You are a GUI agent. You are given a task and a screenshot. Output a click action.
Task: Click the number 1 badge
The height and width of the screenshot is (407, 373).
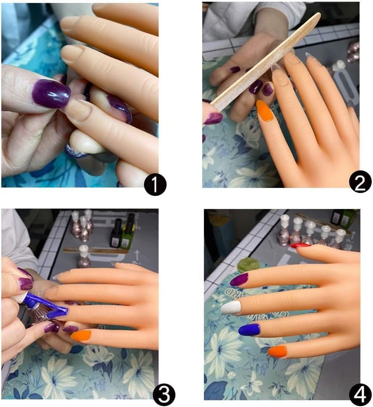154,185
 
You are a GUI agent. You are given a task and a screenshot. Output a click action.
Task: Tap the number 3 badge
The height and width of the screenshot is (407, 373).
164,395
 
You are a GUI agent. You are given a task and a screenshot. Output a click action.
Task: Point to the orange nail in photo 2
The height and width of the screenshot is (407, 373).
265,111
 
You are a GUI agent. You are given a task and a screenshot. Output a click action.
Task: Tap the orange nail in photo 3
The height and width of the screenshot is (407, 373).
81,335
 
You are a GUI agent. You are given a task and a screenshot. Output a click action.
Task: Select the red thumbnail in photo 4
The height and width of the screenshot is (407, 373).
300,245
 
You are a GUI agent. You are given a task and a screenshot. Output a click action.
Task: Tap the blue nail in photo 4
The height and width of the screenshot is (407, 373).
249,330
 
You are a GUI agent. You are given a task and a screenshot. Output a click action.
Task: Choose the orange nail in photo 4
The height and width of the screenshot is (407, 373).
277,351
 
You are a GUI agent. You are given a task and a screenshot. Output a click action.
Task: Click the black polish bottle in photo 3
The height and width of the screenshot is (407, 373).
116,235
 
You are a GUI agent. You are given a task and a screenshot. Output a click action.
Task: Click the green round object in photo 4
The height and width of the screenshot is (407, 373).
247,265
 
